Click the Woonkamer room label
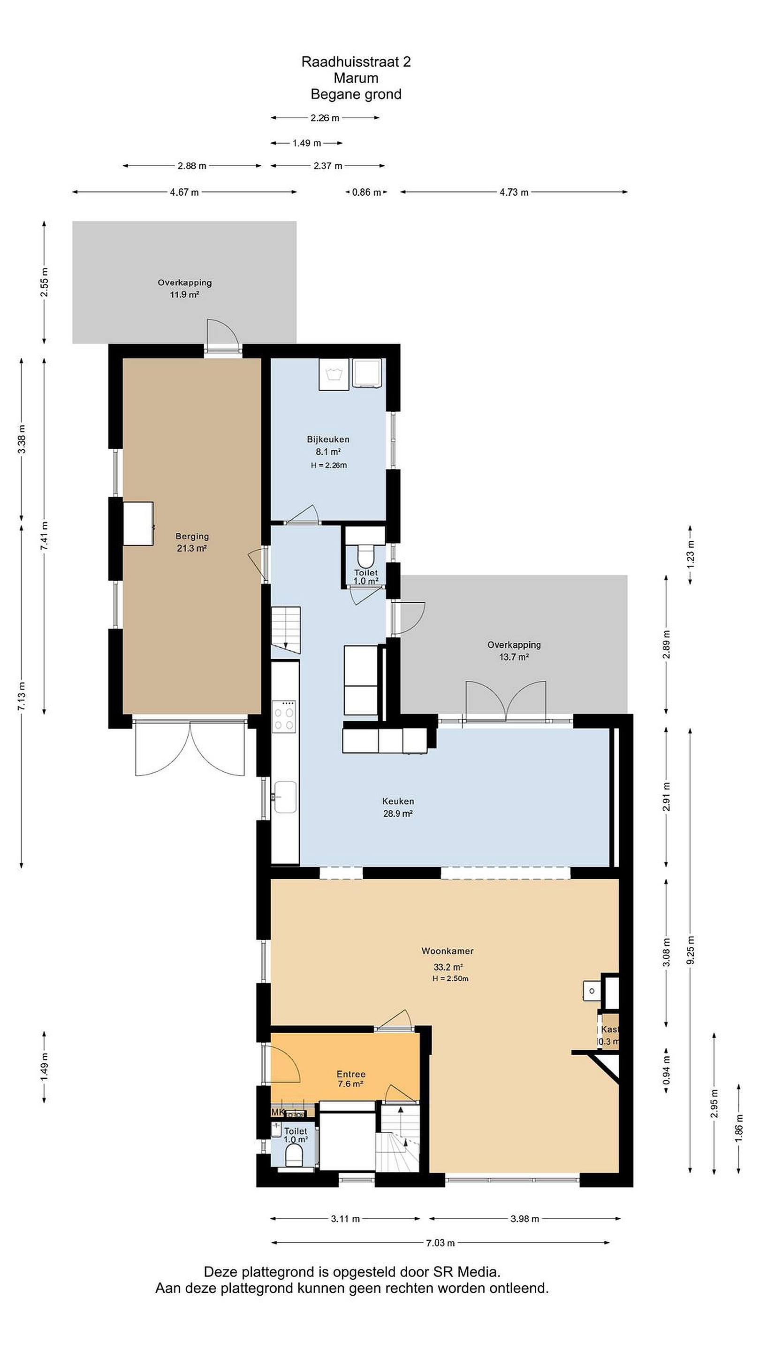point(448,951)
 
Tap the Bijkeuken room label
point(328,439)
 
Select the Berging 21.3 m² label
point(192,542)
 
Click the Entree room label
point(351,1074)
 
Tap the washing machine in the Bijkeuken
point(334,374)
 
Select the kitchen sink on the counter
point(285,797)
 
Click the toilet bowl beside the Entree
point(294,1153)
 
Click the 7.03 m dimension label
point(440,1242)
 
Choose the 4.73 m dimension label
point(514,192)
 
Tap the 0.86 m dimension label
point(366,192)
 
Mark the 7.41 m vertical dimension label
point(45,535)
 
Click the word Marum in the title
point(356,78)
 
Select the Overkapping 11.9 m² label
point(185,288)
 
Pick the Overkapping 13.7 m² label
point(514,650)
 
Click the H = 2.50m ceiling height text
point(450,978)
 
